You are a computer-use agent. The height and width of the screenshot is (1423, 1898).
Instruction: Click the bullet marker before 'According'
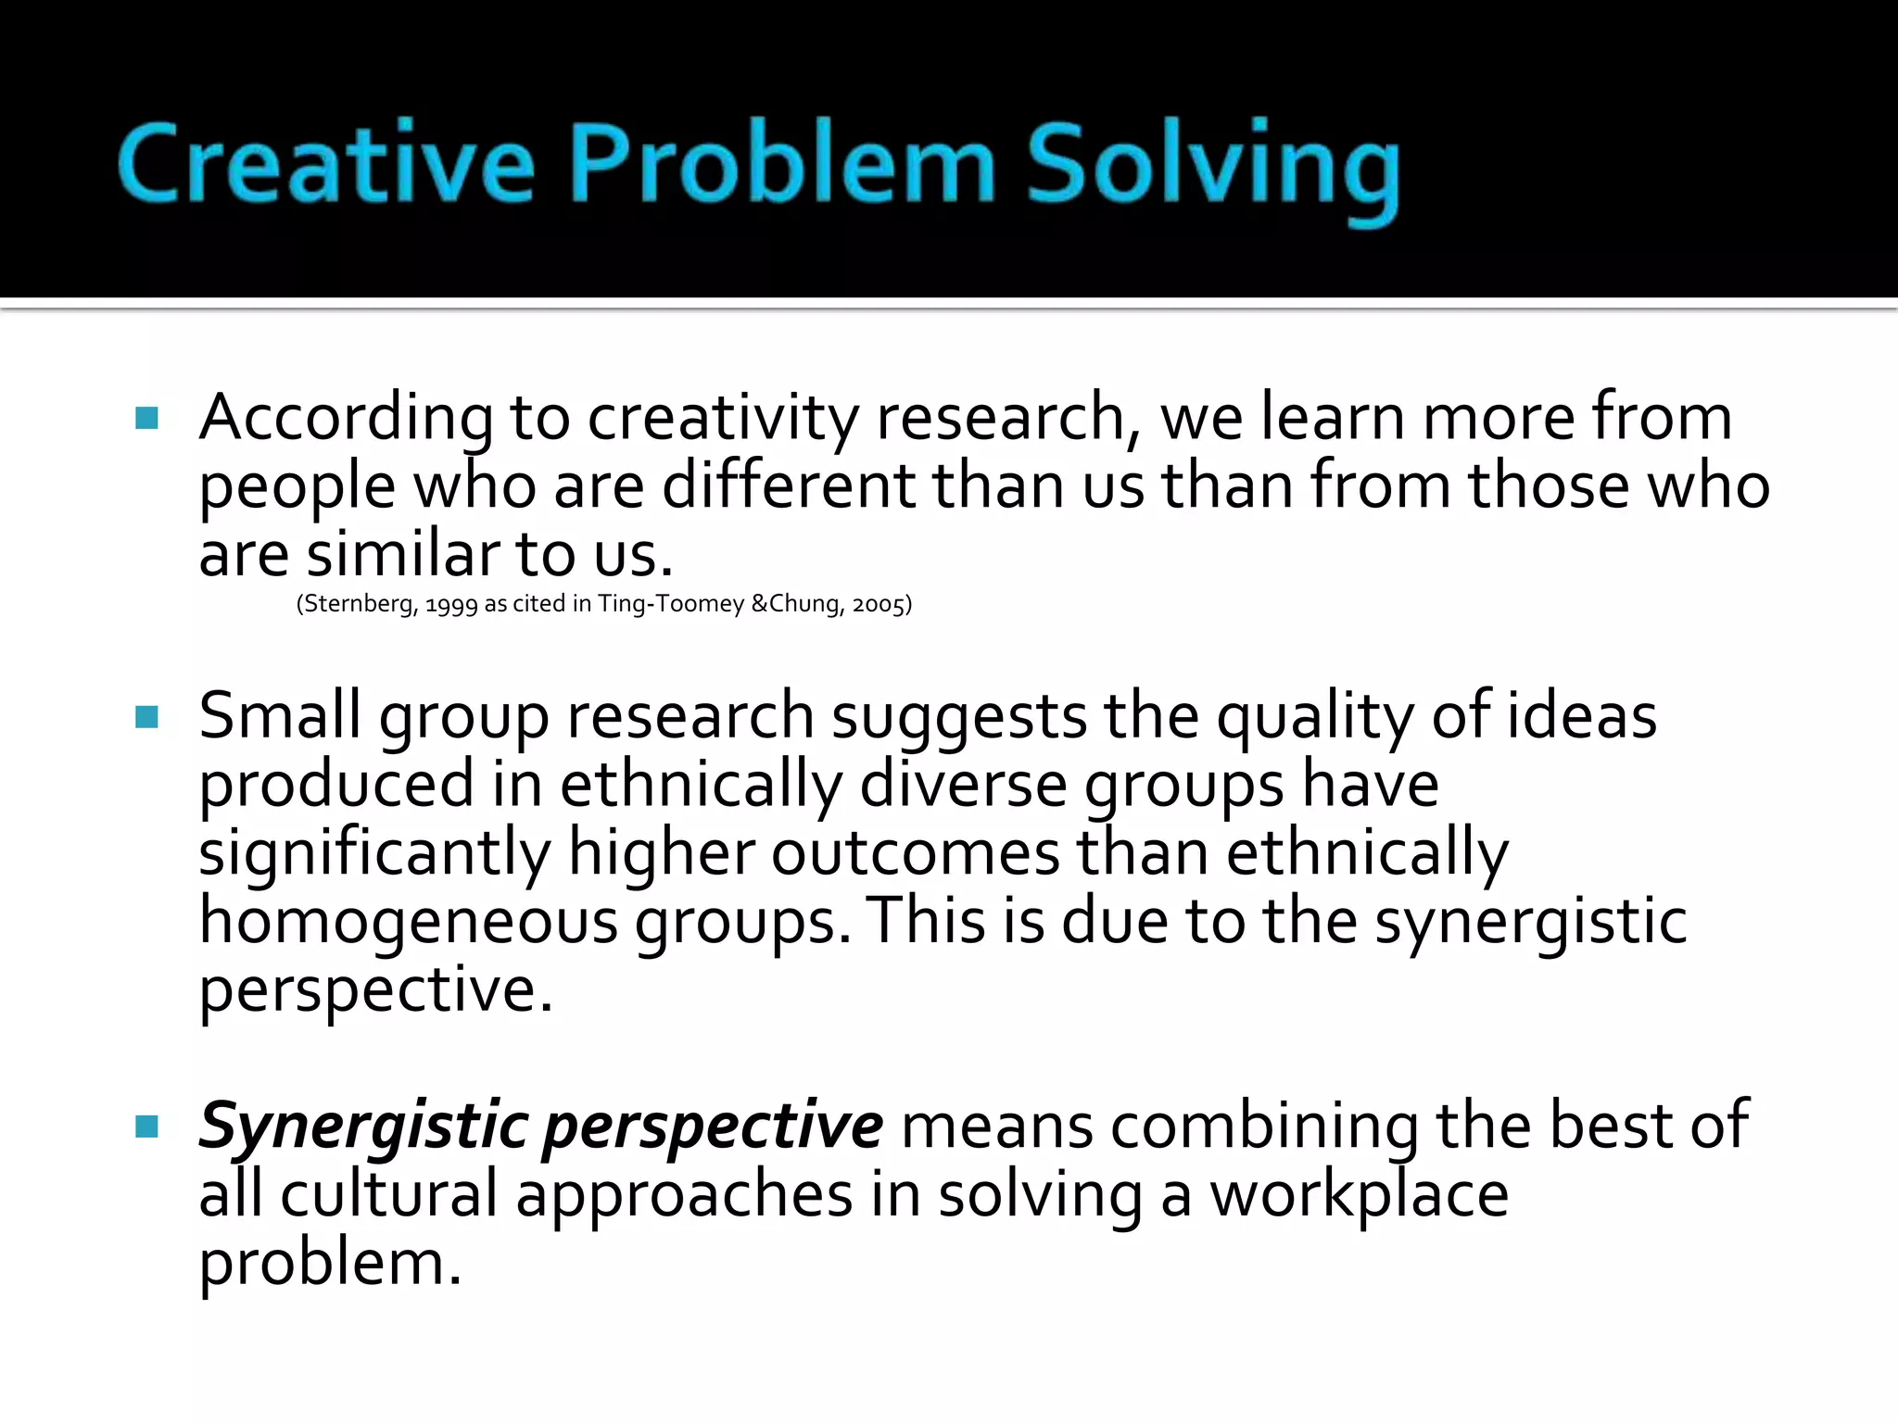pyautogui.click(x=147, y=418)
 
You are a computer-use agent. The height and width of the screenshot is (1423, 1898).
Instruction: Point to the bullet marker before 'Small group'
pyautogui.click(x=147, y=717)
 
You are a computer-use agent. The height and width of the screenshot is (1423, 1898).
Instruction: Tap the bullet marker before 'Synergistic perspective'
pyautogui.click(x=147, y=1127)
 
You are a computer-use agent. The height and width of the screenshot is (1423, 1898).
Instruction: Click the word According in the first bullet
pyautogui.click(x=347, y=418)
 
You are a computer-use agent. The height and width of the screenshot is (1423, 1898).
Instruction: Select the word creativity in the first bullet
pyautogui.click(x=723, y=418)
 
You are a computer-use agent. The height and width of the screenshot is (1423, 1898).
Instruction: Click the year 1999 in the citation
pyautogui.click(x=451, y=605)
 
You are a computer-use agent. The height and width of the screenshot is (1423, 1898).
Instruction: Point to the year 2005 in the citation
pyautogui.click(x=878, y=605)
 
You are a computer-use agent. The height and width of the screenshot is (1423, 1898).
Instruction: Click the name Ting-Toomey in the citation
pyautogui.click(x=671, y=604)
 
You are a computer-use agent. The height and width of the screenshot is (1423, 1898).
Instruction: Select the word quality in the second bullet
pyautogui.click(x=1315, y=717)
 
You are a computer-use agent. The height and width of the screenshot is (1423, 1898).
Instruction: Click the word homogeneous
pyautogui.click(x=409, y=921)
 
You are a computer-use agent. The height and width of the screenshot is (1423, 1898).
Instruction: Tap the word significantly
pyautogui.click(x=374, y=853)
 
